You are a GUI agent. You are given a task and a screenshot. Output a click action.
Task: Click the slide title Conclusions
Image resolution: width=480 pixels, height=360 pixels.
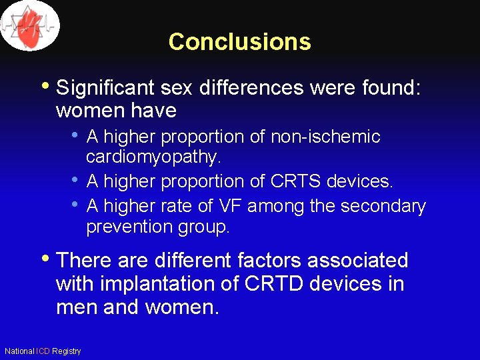pyautogui.click(x=239, y=41)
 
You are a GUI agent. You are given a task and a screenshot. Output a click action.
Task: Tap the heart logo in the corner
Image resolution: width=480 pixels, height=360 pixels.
pyautogui.click(x=30, y=25)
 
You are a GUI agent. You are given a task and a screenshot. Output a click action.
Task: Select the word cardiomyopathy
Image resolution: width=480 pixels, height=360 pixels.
pyautogui.click(x=153, y=157)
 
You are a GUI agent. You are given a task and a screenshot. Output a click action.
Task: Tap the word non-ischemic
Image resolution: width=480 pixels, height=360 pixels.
pyautogui.click(x=325, y=137)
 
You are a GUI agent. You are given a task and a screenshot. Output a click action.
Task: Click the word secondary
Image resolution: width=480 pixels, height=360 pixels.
pyautogui.click(x=383, y=206)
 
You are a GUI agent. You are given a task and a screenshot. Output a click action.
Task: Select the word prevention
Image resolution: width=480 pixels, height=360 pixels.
pyautogui.click(x=131, y=227)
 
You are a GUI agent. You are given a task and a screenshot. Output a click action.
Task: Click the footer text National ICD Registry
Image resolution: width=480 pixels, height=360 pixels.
pyautogui.click(x=43, y=351)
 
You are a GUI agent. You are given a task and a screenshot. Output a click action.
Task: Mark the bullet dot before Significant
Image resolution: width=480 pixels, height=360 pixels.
pyautogui.click(x=47, y=86)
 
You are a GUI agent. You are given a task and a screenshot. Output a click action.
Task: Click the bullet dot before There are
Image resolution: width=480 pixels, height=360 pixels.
pyautogui.click(x=47, y=258)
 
